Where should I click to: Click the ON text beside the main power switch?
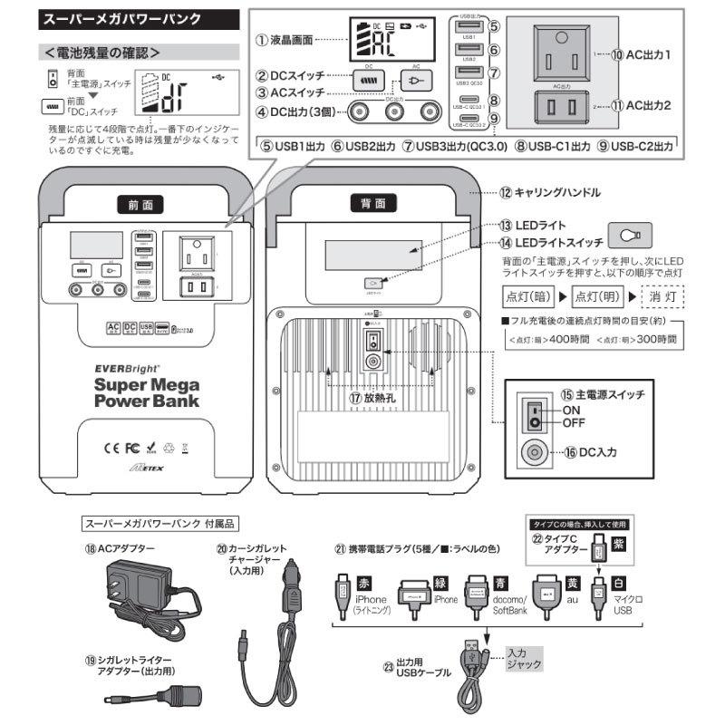tap(573, 409)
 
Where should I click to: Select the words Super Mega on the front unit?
tap(140, 383)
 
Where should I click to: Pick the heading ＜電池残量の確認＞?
tap(102, 52)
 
